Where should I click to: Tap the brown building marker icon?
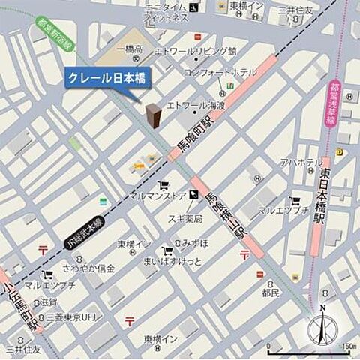point(154,117)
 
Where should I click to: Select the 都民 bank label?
point(270,292)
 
